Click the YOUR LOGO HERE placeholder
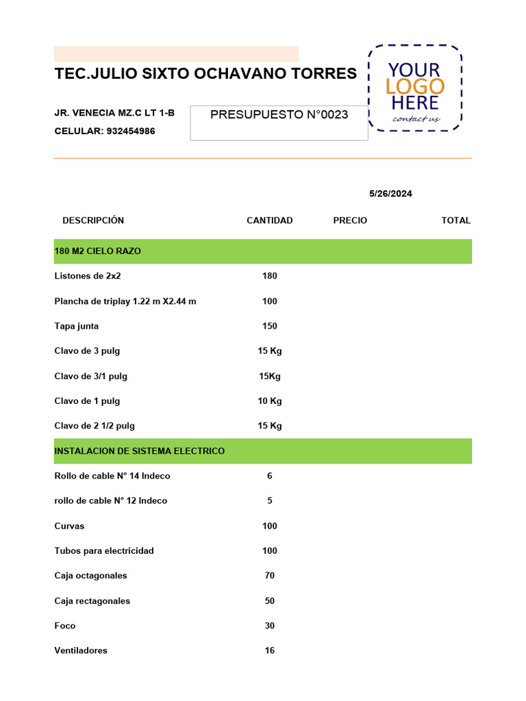pos(415,88)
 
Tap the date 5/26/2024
pos(390,194)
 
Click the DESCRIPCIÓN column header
pos(93,220)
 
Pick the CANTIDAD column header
pos(269,220)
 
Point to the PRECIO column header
pos(350,220)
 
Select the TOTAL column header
pos(455,220)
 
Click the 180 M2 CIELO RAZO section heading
pos(98,251)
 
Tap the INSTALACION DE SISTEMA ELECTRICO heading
pos(140,451)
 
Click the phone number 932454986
pos(131,131)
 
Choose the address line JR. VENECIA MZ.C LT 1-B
pos(114,113)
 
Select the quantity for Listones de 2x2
pos(270,276)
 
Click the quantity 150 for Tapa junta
pos(270,326)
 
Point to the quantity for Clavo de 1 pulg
pos(270,401)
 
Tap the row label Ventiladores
pos(81,650)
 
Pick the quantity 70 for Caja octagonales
pos(270,576)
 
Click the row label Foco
pos(65,626)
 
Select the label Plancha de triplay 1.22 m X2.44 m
pos(125,301)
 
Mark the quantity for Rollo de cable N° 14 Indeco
pos(270,476)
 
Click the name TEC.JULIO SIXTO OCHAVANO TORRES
pos(205,73)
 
